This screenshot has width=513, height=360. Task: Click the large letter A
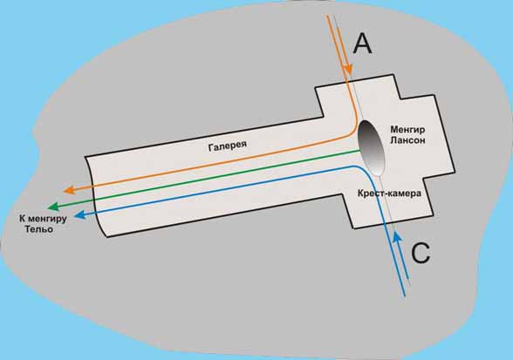coord(363,44)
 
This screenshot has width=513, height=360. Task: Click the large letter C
coord(421,253)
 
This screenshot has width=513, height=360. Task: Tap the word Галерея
coord(228,146)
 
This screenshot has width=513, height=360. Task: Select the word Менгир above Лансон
coord(407,130)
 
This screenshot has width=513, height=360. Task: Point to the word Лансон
coord(407,140)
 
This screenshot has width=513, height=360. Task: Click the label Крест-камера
coord(389,194)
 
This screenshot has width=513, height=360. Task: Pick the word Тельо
coord(39,229)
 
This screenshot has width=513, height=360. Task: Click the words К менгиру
coord(43,219)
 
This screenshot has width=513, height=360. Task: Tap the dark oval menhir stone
coord(371,147)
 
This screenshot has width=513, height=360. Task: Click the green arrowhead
coord(53,207)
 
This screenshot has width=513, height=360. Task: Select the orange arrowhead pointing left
coord(69,190)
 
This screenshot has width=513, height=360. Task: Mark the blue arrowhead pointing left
coord(80,214)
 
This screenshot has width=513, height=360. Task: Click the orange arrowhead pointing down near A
coord(348,70)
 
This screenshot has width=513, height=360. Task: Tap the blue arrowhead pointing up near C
coord(397,237)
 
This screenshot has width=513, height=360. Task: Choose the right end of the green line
coord(360,150)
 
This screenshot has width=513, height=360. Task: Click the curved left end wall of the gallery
coord(94,196)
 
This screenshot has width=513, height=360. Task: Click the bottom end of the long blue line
coord(405,296)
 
